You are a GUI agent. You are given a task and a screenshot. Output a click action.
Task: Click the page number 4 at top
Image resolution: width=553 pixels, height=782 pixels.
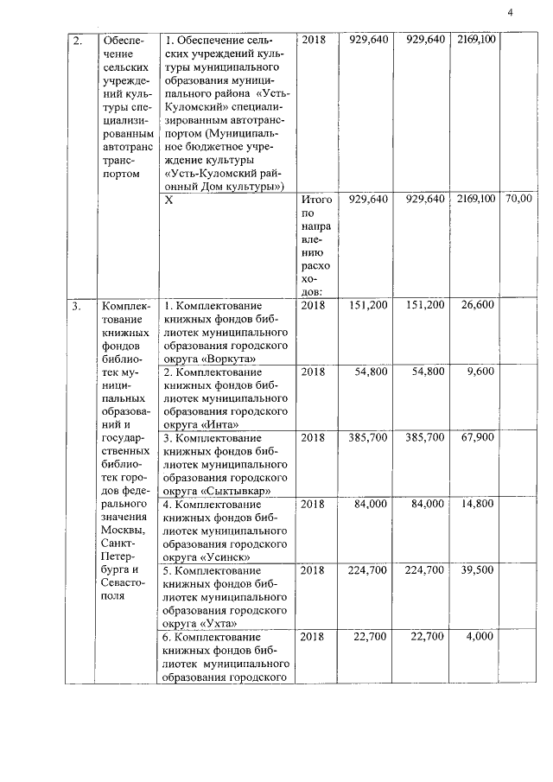tap(511, 11)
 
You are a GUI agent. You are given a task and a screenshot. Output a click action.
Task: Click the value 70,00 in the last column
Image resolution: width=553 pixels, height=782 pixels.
tap(518, 199)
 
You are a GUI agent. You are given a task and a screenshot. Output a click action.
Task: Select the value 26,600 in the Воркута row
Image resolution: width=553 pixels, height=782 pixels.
tap(478, 305)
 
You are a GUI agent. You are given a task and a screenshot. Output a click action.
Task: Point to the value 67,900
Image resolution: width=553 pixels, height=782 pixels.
tap(478, 438)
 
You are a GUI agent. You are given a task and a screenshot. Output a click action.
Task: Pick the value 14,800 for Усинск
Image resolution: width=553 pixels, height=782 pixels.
tap(478, 505)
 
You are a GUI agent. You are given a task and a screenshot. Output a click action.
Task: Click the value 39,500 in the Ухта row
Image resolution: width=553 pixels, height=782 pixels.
tap(478, 570)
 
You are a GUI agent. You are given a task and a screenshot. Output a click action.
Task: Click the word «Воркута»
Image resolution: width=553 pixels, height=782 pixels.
tap(224, 356)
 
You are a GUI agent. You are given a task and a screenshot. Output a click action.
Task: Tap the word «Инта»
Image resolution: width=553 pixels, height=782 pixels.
tap(219, 423)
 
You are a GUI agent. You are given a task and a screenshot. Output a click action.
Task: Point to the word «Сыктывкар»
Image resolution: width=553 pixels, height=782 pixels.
tap(233, 490)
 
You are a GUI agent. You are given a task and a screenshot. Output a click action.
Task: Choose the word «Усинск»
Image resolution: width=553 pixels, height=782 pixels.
tap(223, 556)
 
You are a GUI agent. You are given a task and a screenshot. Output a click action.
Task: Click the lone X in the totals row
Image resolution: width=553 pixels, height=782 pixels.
tap(168, 199)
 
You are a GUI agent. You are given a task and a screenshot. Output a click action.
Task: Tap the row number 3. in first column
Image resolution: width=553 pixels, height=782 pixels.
tap(77, 305)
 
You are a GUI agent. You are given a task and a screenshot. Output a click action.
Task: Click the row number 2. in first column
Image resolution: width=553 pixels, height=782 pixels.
tap(77, 40)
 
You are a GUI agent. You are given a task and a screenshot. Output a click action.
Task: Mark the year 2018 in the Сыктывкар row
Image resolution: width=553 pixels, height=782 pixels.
tap(313, 438)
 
